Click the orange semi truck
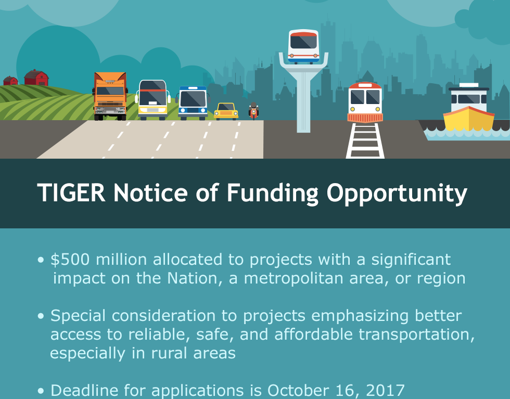click(x=110, y=96)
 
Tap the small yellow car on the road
click(x=226, y=111)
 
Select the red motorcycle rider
click(x=254, y=111)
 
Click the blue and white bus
click(x=193, y=103)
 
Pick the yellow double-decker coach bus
click(x=152, y=100)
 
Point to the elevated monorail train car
click(x=303, y=46)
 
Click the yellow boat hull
click(x=469, y=119)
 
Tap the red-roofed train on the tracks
click(x=365, y=102)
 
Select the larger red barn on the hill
click(x=36, y=78)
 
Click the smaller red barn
click(x=11, y=81)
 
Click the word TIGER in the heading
click(x=71, y=193)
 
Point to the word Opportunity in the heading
click(x=397, y=194)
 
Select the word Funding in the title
click(x=272, y=194)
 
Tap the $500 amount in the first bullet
click(x=70, y=260)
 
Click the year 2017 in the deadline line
click(x=385, y=390)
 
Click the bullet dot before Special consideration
click(x=41, y=316)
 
